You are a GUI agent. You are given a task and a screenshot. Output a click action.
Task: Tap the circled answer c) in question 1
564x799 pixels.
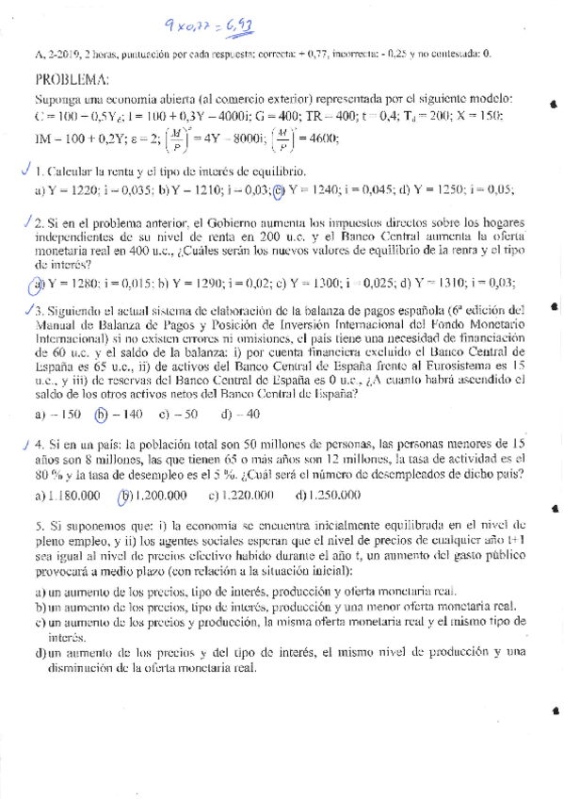pos(279,189)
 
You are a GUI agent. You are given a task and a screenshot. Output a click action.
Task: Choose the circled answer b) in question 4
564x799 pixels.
pos(122,495)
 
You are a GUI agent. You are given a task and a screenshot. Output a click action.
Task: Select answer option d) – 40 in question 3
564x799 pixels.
pos(240,414)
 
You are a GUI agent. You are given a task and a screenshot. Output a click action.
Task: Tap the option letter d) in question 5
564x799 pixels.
pos(40,651)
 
